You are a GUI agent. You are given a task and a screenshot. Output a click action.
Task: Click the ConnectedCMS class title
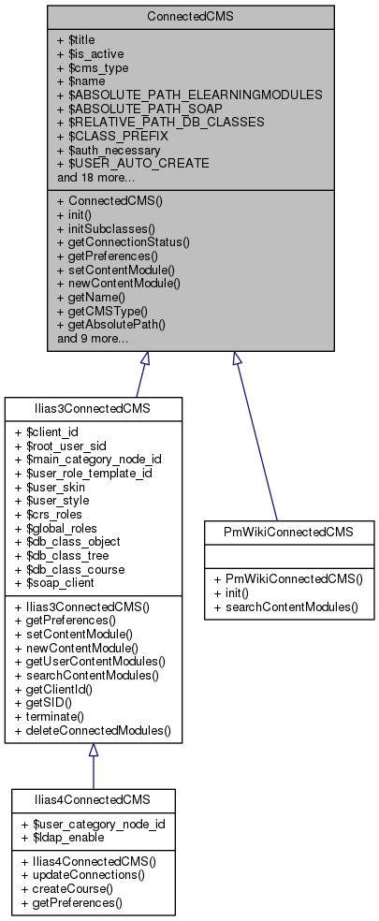[x=189, y=18]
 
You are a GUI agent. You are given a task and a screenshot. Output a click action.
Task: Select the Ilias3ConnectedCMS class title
[x=93, y=410]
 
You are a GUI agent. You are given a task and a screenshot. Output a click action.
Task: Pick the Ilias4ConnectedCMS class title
[x=93, y=801]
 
